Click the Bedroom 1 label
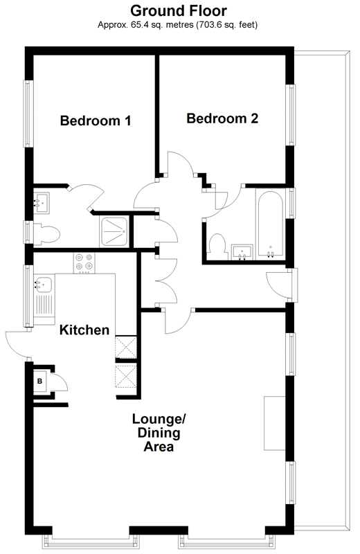click(96, 120)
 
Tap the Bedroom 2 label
click(222, 118)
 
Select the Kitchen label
click(84, 330)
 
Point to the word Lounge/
click(159, 419)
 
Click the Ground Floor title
click(179, 11)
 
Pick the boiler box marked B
click(40, 382)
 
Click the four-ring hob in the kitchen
click(84, 263)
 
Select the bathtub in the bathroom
click(270, 224)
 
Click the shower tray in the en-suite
click(114, 231)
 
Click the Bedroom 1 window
click(28, 114)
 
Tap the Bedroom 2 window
click(291, 114)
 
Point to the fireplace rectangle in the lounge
click(275, 423)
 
